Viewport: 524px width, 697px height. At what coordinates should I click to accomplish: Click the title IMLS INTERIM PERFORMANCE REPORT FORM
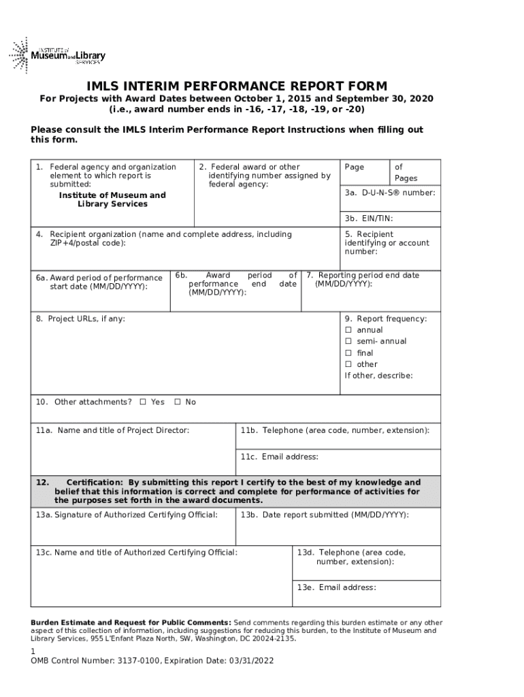(236, 86)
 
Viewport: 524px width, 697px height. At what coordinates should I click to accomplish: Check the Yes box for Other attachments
(143, 402)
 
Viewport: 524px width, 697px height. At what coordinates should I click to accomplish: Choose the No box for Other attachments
(178, 402)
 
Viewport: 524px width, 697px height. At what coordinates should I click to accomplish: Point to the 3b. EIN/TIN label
(368, 218)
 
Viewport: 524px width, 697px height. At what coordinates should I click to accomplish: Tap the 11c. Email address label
(279, 457)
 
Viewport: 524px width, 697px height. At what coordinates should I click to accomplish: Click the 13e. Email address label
(336, 587)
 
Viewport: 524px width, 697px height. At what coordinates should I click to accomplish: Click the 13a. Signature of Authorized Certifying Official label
(127, 515)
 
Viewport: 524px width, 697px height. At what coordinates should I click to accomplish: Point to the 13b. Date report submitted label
(325, 515)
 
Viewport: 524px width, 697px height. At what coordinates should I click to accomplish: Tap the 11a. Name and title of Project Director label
(112, 430)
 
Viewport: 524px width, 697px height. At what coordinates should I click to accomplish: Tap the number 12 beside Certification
(41, 482)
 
